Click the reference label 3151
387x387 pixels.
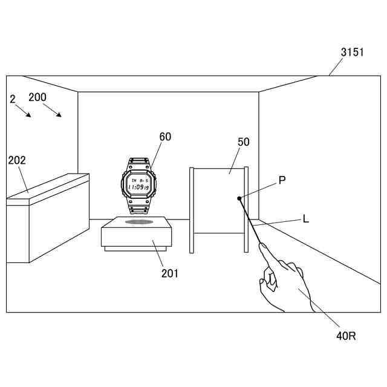click(x=352, y=53)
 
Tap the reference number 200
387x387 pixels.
click(x=37, y=97)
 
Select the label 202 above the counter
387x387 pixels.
click(x=17, y=160)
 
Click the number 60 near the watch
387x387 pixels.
click(x=165, y=137)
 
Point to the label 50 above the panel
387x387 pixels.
click(x=244, y=142)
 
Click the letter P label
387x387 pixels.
click(x=282, y=180)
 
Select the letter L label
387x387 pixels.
click(x=306, y=219)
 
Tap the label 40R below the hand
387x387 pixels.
click(x=346, y=336)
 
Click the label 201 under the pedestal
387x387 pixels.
click(x=170, y=273)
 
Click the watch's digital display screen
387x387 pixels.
click(x=139, y=184)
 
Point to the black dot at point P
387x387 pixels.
click(x=239, y=198)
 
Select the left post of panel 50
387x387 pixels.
click(x=192, y=210)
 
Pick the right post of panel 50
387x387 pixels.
click(x=246, y=209)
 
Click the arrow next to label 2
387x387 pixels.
click(x=25, y=112)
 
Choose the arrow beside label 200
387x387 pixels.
click(x=53, y=111)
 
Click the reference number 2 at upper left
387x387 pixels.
click(x=13, y=99)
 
